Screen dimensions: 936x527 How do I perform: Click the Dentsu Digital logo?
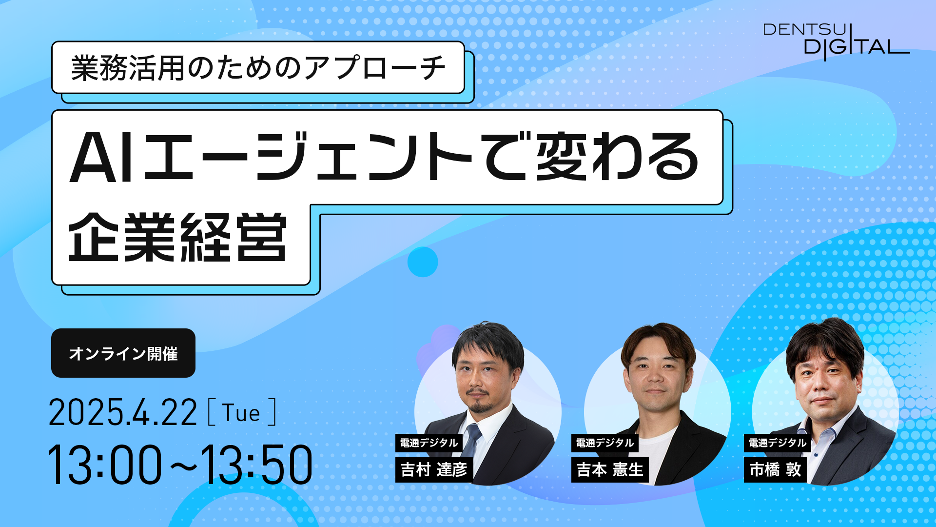[x=836, y=42]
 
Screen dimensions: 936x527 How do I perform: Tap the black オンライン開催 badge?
[x=123, y=353]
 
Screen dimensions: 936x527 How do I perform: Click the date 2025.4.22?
[x=123, y=413]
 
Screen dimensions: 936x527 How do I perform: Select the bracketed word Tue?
[x=242, y=413]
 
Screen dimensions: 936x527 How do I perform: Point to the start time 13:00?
[x=104, y=465]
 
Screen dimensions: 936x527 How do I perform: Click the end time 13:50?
[x=257, y=465]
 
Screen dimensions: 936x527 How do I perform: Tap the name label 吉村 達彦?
[x=434, y=469]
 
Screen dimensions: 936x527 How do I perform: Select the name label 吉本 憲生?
[x=610, y=469]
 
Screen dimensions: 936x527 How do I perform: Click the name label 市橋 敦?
[x=775, y=469]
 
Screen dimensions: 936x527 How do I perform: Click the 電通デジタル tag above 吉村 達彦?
[x=429, y=443]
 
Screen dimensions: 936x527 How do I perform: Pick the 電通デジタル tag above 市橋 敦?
[x=778, y=443]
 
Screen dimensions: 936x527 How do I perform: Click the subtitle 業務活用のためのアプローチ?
[x=258, y=67]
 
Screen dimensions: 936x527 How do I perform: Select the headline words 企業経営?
[x=177, y=238]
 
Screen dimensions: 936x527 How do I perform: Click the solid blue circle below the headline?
[x=423, y=262]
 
